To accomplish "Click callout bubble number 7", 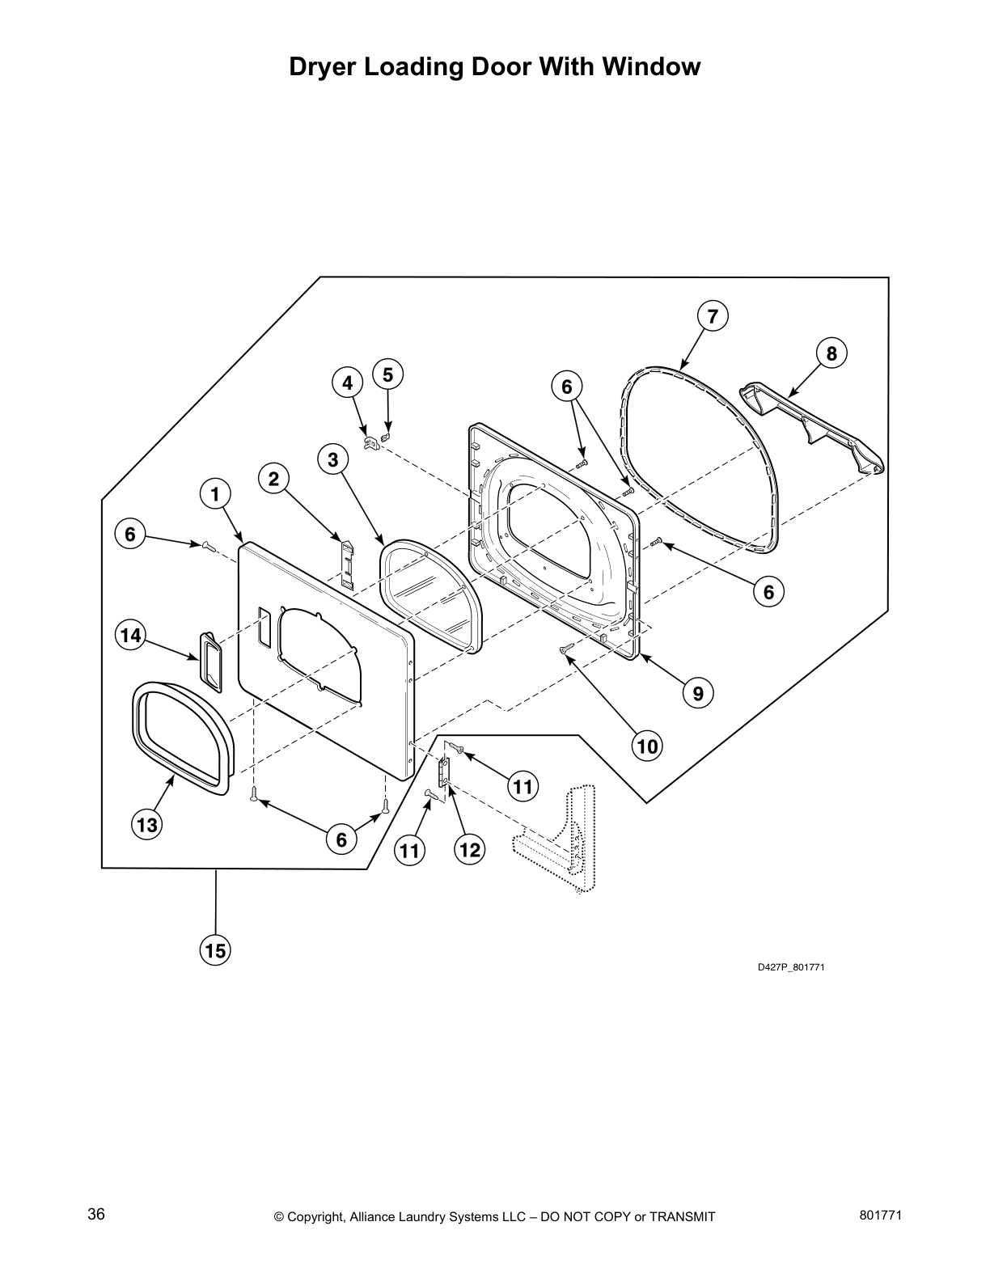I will [712, 316].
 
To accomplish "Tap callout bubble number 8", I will [831, 353].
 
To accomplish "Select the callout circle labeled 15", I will [215, 950].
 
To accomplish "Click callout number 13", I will [147, 825].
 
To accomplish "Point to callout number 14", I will [129, 636].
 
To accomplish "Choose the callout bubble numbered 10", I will [647, 746].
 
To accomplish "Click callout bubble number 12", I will [469, 849].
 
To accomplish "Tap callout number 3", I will [332, 460].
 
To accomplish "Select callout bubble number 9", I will [697, 692].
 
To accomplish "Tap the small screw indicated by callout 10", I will [566, 647].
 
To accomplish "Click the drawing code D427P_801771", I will [790, 968].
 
